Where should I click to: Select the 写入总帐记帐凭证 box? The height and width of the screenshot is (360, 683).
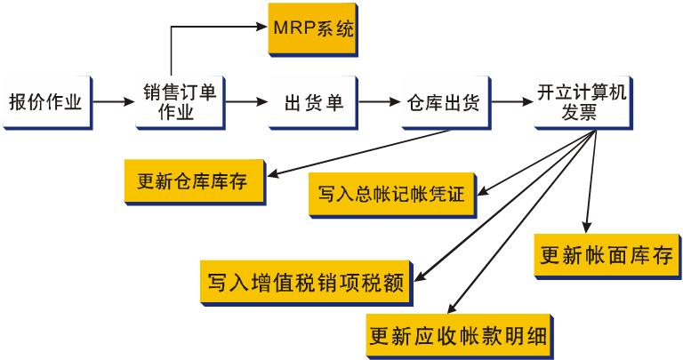click(392, 193)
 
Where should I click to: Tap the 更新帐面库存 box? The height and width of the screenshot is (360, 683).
click(606, 256)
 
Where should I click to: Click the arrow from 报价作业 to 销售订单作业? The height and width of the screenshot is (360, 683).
click(112, 102)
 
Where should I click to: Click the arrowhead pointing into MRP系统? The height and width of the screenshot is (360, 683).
click(262, 29)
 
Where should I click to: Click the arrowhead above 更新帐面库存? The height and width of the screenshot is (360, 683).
click(587, 228)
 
